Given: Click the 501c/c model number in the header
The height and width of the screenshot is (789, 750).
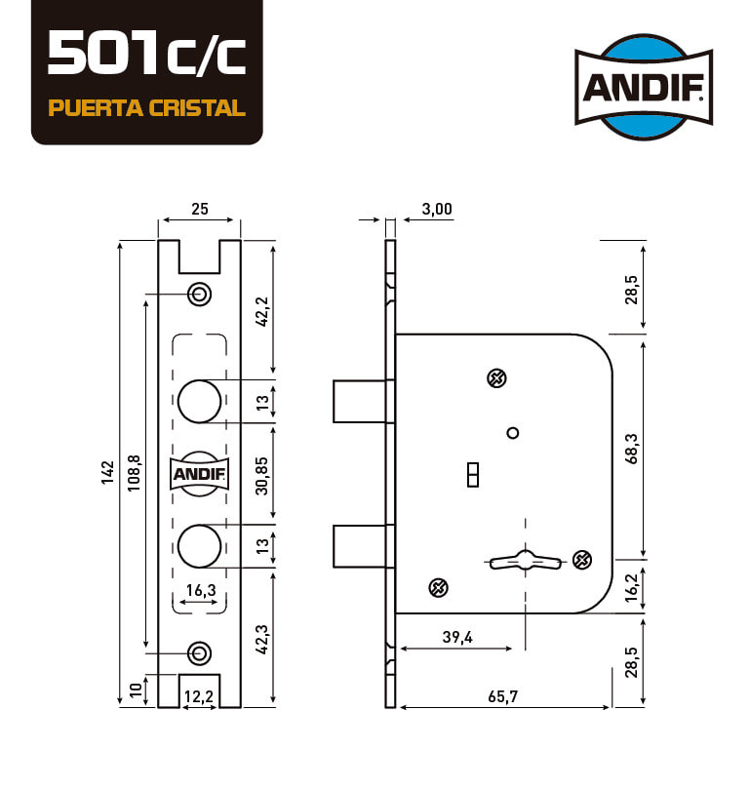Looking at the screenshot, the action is click(146, 53).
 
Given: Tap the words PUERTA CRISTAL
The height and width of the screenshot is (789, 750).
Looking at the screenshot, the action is click(146, 108).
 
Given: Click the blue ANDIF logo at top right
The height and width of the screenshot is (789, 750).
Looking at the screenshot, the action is click(644, 87).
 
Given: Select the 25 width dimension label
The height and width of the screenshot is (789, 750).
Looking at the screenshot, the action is click(200, 209).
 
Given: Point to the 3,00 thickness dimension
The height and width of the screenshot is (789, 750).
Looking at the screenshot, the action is click(437, 209).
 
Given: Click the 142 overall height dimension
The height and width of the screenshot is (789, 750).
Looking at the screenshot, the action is click(107, 472).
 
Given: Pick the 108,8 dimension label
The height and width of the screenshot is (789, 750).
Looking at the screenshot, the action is click(134, 473).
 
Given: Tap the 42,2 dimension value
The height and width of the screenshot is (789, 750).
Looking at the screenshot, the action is click(262, 311).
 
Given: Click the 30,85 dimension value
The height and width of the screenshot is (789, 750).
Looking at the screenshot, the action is click(261, 476).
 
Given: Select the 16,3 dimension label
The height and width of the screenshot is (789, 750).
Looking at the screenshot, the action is click(201, 590).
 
